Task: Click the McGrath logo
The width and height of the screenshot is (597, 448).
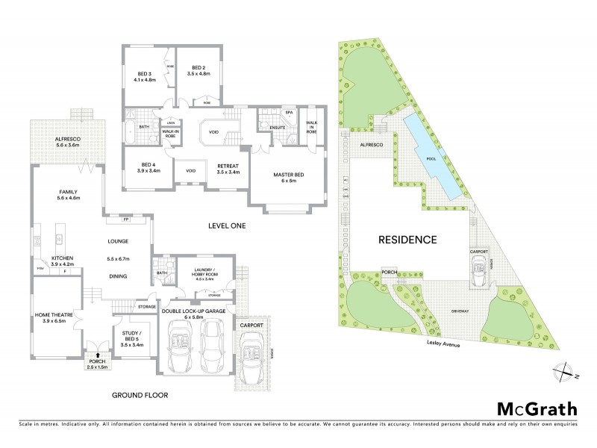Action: (x=537, y=408)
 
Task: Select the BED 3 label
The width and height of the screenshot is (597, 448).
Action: (x=145, y=75)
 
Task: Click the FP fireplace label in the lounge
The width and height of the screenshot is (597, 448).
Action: (x=126, y=220)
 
